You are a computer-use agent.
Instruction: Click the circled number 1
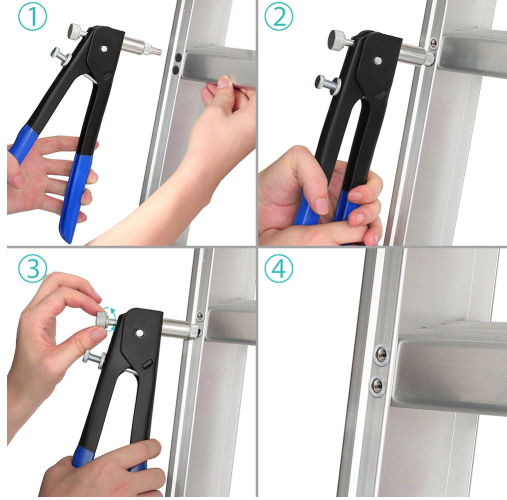pyautogui.click(x=32, y=17)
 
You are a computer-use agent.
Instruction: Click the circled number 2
pyautogui.click(x=279, y=17)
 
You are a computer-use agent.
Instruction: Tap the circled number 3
pyautogui.click(x=32, y=269)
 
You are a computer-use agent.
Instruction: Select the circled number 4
pyautogui.click(x=279, y=269)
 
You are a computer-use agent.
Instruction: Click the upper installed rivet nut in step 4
pyautogui.click(x=381, y=354)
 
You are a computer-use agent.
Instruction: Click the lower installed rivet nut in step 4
pyautogui.click(x=377, y=386)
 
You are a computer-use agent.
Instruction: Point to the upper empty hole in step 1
pyautogui.click(x=179, y=57)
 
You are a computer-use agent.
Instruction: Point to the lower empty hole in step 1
pyautogui.click(x=176, y=69)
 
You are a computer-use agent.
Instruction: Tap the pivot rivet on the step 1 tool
pyautogui.click(x=104, y=49)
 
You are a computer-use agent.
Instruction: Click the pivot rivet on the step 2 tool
pyautogui.click(x=378, y=61)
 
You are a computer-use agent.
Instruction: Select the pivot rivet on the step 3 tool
pyautogui.click(x=139, y=333)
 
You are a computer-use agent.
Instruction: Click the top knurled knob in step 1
pyautogui.click(x=77, y=31)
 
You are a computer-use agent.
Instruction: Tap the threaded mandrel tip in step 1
pyautogui.click(x=155, y=51)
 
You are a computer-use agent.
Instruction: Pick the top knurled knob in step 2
pyautogui.click(x=338, y=39)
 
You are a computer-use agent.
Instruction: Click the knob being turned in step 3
pyautogui.click(x=104, y=319)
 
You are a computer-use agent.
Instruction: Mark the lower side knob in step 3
pyautogui.click(x=93, y=358)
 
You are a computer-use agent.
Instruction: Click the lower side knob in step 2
pyautogui.click(x=327, y=84)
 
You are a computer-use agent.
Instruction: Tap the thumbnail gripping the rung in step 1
pyautogui.click(x=224, y=81)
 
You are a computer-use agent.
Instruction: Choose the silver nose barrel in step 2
pyautogui.click(x=417, y=55)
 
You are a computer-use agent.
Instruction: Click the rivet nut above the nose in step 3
pyautogui.click(x=200, y=316)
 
